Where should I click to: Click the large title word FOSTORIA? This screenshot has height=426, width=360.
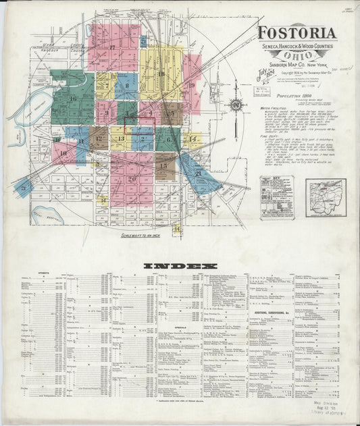point(296,33)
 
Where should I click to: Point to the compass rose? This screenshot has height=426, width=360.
point(236,105)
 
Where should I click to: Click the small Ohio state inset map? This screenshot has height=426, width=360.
point(325,197)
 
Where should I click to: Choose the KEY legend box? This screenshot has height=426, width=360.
point(277,196)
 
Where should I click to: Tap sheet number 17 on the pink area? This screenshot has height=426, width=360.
point(112,47)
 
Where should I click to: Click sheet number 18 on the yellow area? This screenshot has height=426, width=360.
point(161,74)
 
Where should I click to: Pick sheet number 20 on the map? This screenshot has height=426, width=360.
point(132,179)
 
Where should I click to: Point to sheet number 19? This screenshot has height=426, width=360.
point(192,86)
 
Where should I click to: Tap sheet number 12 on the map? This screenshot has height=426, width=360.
point(99,140)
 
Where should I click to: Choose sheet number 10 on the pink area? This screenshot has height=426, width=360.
point(63,153)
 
